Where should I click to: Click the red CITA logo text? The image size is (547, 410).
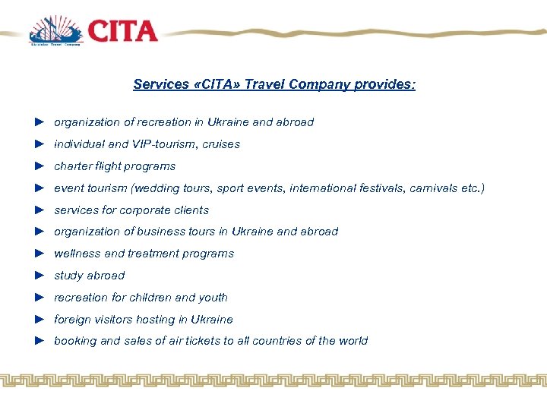(122, 30)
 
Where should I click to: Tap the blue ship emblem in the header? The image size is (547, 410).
(55, 30)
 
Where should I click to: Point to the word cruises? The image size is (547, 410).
(221, 144)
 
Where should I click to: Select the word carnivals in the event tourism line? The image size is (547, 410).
(433, 188)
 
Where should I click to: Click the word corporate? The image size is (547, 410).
(144, 210)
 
